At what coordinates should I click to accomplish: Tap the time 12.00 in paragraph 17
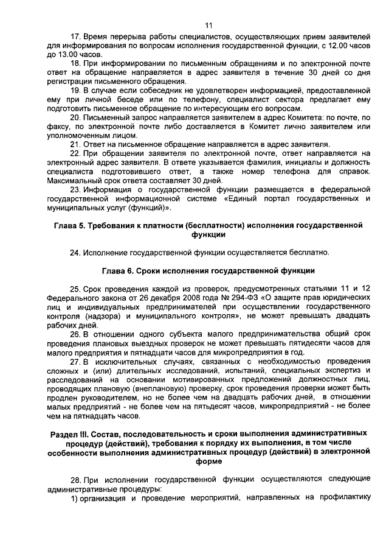[326, 46]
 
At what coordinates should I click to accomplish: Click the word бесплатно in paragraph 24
[308, 251]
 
